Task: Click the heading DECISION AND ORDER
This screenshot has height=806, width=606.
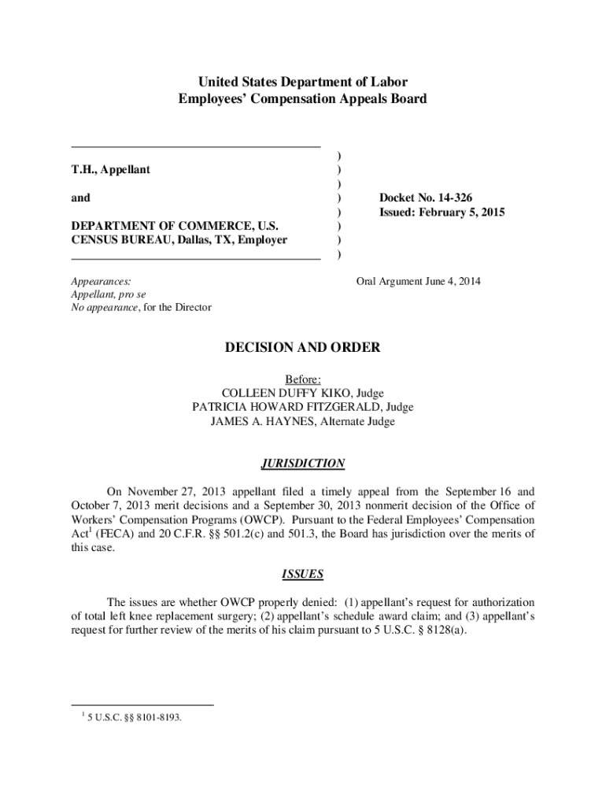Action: pos(303,347)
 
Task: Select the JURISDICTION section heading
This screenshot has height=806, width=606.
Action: pos(303,464)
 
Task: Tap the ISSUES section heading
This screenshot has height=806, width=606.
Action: pos(303,575)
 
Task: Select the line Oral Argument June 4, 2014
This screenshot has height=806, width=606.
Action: pos(419,281)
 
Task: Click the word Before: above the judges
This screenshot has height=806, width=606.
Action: pos(303,379)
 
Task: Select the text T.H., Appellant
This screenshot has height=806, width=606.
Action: pos(111,169)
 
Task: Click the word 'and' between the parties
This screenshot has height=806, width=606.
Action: pos(80,198)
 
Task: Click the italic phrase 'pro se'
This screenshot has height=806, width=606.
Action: pos(138,294)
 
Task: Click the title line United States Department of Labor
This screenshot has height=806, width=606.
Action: pos(303,83)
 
